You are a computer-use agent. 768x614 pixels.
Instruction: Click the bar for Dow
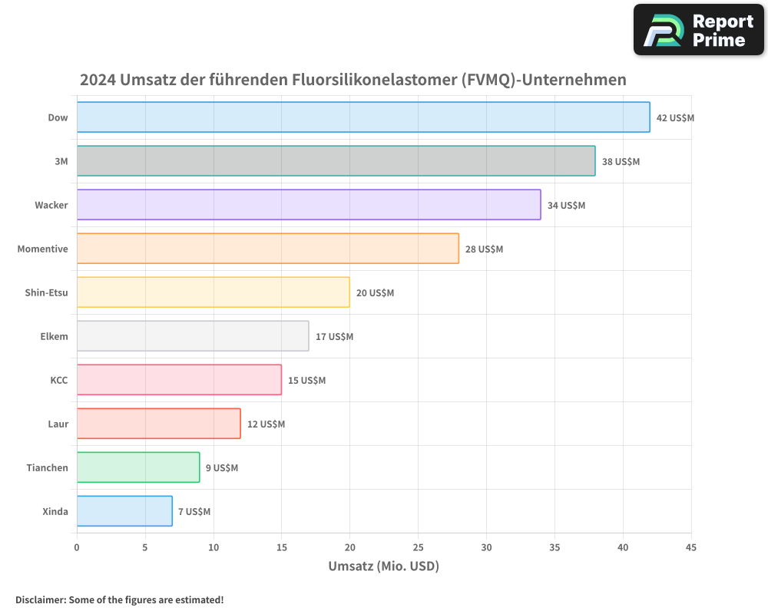[363, 117]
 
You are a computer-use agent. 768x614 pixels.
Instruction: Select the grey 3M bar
[336, 161]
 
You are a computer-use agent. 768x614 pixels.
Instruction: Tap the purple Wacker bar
[309, 205]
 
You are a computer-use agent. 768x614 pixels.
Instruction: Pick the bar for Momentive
[267, 249]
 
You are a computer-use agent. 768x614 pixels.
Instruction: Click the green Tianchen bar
[138, 467]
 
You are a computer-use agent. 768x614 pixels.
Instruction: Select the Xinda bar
[124, 511]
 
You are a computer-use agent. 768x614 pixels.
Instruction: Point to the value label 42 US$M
[675, 118]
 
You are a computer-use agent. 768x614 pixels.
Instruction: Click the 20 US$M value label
[375, 293]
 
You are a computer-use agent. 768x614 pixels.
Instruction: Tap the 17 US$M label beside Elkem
[334, 337]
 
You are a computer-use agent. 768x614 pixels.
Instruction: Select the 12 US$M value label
[266, 424]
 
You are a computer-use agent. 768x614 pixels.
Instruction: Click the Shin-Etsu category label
[46, 292]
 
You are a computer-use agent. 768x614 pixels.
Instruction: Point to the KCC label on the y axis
[58, 380]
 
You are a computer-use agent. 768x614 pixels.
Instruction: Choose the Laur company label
[58, 424]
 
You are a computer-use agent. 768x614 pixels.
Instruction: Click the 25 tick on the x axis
[418, 547]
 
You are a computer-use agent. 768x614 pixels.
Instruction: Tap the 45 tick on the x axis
[691, 547]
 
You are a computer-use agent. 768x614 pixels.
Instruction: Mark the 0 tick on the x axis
[77, 547]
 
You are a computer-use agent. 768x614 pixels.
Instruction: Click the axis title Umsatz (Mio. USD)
[383, 566]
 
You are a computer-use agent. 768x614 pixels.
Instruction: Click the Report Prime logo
[699, 30]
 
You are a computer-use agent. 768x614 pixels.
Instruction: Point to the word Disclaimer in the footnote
[40, 599]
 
